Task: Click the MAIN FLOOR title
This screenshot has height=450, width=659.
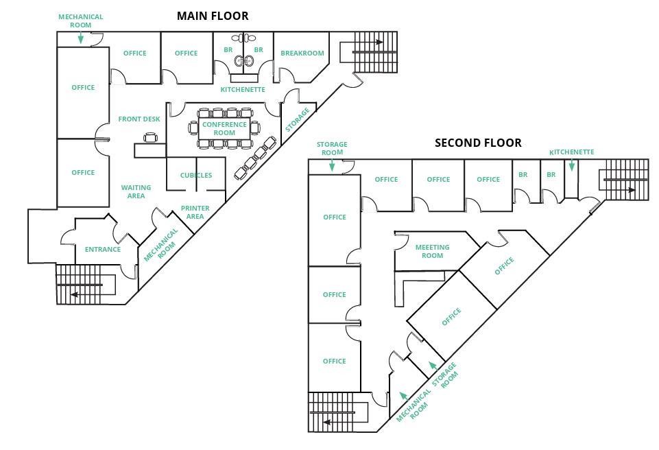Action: click(x=213, y=15)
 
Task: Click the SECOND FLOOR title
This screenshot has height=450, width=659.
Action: click(x=478, y=143)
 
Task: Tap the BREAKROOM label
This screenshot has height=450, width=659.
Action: click(x=302, y=53)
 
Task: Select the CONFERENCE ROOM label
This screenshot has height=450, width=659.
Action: click(x=224, y=128)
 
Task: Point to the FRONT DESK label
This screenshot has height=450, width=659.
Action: click(x=139, y=119)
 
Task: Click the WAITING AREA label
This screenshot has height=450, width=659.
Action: click(x=136, y=191)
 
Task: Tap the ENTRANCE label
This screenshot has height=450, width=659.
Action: click(x=103, y=249)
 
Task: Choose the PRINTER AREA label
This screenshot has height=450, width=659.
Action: click(x=195, y=212)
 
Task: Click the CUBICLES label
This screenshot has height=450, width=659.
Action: click(x=196, y=175)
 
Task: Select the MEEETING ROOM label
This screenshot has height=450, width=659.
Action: click(x=432, y=251)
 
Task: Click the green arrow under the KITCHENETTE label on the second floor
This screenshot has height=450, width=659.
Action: click(x=572, y=165)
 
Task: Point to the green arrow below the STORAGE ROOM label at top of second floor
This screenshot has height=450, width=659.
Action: click(x=332, y=165)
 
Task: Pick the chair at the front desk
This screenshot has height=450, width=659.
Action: click(x=151, y=138)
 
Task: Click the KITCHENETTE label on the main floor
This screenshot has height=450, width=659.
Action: click(x=242, y=90)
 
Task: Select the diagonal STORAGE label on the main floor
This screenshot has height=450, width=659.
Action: click(x=298, y=119)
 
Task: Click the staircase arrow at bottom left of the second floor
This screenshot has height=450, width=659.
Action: click(x=327, y=421)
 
